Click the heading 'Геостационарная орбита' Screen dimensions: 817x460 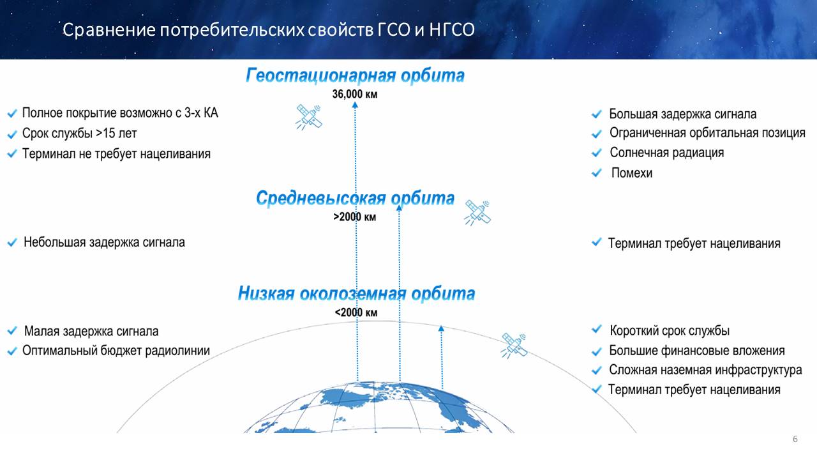pyautogui.click(x=355, y=75)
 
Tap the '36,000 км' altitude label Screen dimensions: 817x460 pyautogui.click(x=354, y=94)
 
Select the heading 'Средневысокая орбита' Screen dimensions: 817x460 pyautogui.click(x=356, y=198)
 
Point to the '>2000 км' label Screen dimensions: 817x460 pyautogui.click(x=354, y=217)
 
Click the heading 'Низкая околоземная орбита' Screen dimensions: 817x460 pyautogui.click(x=356, y=293)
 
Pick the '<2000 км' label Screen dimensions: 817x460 pyautogui.click(x=356, y=312)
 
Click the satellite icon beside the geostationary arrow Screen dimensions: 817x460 pyautogui.click(x=309, y=117)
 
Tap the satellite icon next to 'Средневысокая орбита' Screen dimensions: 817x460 pyautogui.click(x=477, y=213)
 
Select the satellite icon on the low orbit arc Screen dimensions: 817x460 pyautogui.click(x=514, y=346)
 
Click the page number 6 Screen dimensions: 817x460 pyautogui.click(x=795, y=439)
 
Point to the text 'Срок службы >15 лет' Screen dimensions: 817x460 pyautogui.click(x=80, y=134)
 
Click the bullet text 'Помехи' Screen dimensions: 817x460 pyautogui.click(x=632, y=172)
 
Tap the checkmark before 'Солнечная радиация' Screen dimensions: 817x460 pyautogui.click(x=596, y=153)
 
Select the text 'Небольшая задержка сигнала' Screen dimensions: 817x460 pyautogui.click(x=104, y=242)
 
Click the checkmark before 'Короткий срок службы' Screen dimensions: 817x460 pyautogui.click(x=596, y=330)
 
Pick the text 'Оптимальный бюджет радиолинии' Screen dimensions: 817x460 pyautogui.click(x=116, y=351)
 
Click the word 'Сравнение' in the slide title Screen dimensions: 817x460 pyautogui.click(x=109, y=30)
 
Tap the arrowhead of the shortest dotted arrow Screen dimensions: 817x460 pyautogui.click(x=441, y=328)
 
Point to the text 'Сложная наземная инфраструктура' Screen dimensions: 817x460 pyautogui.click(x=705, y=370)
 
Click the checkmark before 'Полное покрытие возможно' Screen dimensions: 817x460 pyautogui.click(x=12, y=114)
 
